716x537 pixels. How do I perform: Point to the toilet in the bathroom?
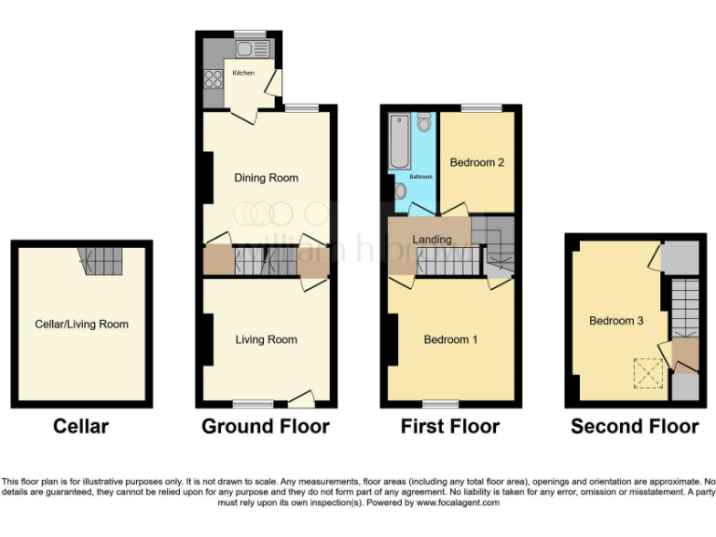click(x=424, y=123)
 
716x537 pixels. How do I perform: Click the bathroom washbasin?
click(x=400, y=191)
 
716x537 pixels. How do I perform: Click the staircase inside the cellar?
click(x=100, y=261)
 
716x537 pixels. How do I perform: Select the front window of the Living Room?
click(x=253, y=405)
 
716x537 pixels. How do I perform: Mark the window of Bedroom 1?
click(x=440, y=405)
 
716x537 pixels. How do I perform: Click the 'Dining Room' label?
click(x=266, y=178)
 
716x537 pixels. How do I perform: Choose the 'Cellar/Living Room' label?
click(x=81, y=324)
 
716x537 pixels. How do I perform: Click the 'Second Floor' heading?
click(x=634, y=427)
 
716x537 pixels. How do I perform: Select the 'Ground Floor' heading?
click(x=266, y=427)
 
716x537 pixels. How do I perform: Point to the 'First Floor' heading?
click(x=450, y=427)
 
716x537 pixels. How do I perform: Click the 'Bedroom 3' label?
click(x=616, y=321)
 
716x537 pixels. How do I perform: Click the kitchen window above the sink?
click(x=251, y=34)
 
